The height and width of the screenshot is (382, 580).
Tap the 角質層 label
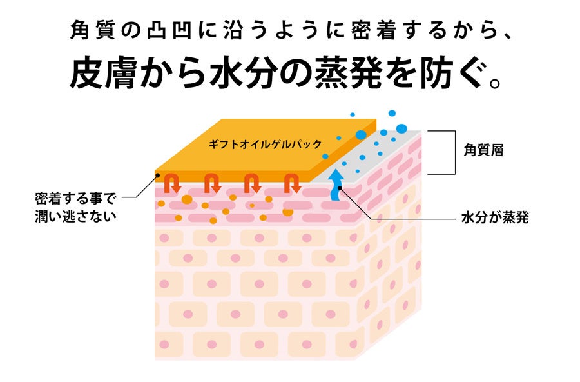[483, 151]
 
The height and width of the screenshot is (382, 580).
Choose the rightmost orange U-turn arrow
[292, 185]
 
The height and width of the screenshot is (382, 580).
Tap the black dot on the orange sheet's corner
[157, 174]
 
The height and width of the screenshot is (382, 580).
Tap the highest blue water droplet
[353, 115]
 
